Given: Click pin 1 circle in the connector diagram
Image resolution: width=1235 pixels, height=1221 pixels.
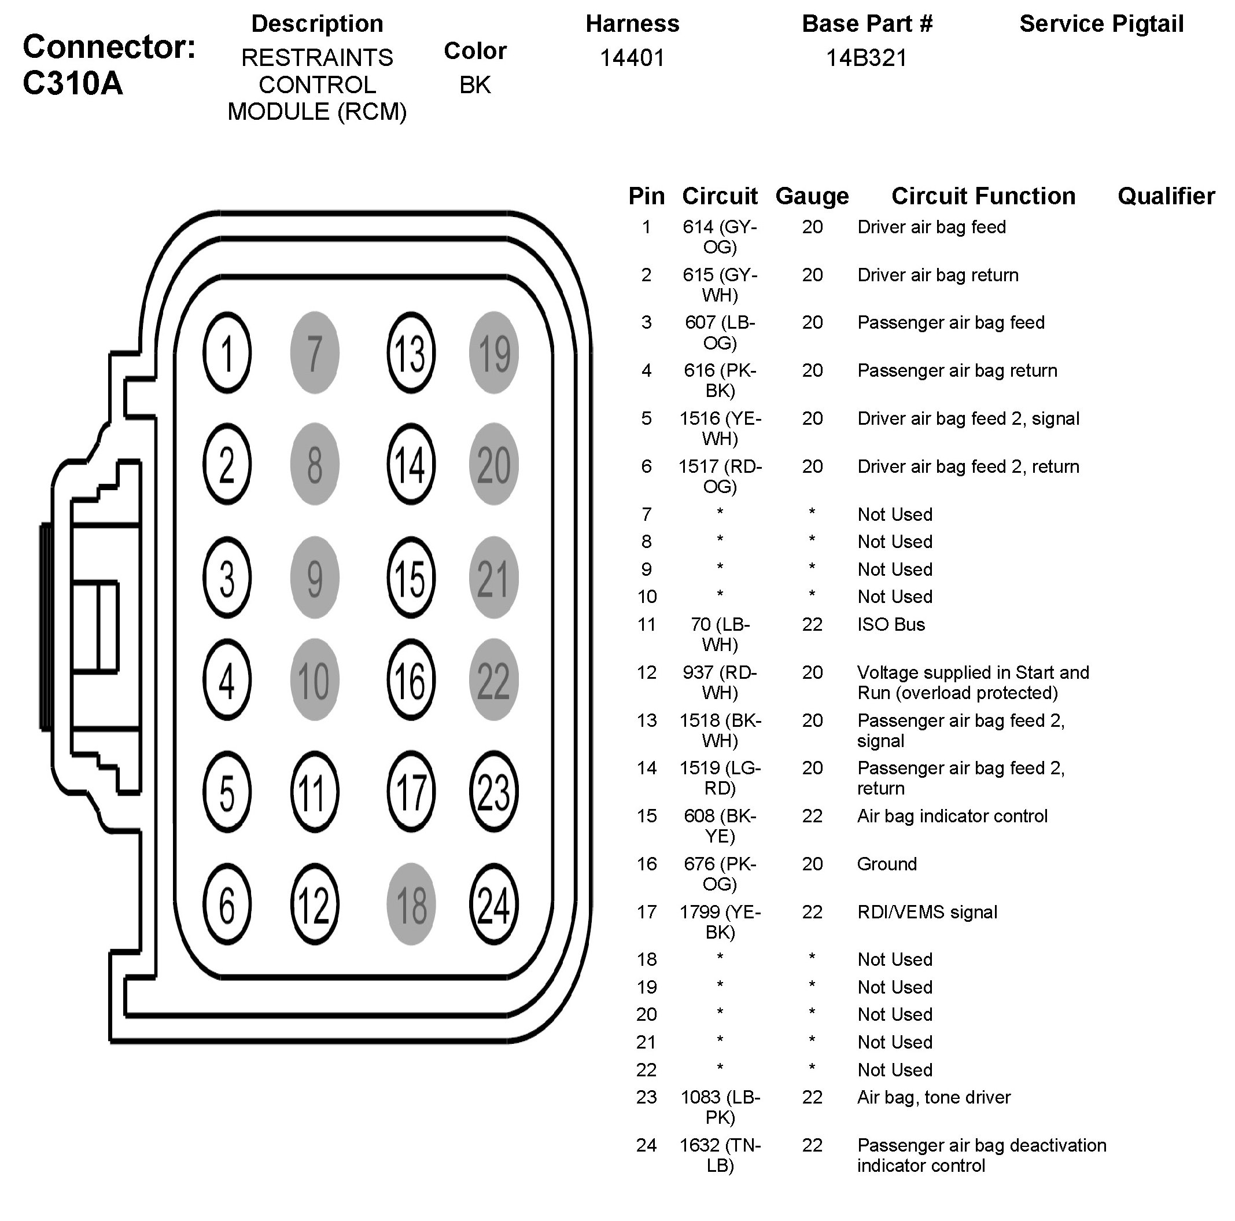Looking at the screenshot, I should pos(227,352).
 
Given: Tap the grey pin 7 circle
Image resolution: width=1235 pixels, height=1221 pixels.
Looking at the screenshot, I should pos(315,352).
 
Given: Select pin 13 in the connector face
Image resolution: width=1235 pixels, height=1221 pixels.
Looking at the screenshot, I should pos(410,352).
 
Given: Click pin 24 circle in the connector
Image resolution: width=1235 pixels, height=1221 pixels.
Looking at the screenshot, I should pos(493,904).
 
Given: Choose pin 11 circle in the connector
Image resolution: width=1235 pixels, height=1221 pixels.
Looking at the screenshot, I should pos(314,792).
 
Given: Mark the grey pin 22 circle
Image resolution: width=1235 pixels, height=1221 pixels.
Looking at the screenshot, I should pos(493,679).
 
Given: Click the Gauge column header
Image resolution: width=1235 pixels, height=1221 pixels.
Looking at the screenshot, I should pos(812,196).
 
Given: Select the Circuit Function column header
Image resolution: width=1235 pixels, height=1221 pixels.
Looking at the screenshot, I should pos(983,196).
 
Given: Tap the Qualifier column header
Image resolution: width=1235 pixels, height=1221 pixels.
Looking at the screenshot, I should pos(1166,196).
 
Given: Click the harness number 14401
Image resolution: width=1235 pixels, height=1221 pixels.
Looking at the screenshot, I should pos(632,58).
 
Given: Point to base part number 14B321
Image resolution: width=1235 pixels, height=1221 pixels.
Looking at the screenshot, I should pos(866,58).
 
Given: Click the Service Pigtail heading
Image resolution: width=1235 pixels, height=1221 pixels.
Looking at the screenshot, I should pos(1101,24).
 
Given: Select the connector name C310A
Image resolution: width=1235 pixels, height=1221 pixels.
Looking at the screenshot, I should pos(73,83).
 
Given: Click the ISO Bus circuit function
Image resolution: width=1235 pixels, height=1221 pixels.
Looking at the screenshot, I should pos(891,624).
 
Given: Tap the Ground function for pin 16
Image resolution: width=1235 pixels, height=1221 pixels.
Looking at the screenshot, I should pos(887,864).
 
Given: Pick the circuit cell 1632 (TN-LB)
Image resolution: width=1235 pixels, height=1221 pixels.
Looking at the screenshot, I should pos(720,1155).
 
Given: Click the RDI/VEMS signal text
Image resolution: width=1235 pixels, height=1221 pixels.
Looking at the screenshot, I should pos(927,912).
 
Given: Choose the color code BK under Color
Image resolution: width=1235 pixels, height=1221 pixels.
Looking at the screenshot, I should pos(475,85).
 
